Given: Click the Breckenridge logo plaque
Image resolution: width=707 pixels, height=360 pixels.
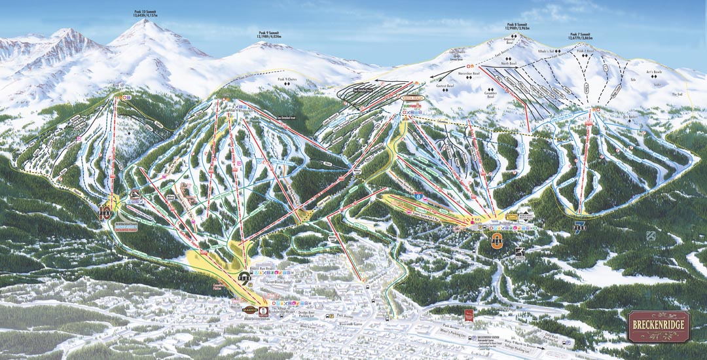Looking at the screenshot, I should [658, 326].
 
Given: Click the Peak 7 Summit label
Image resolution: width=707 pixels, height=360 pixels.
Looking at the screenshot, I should [581, 37].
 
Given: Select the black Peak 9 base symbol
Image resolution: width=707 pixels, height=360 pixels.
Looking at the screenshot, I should [244, 278].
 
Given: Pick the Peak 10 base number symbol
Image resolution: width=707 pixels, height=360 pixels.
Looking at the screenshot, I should [106, 211].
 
